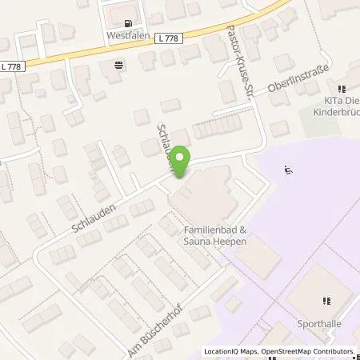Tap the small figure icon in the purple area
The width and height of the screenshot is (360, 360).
[x=287, y=170]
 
